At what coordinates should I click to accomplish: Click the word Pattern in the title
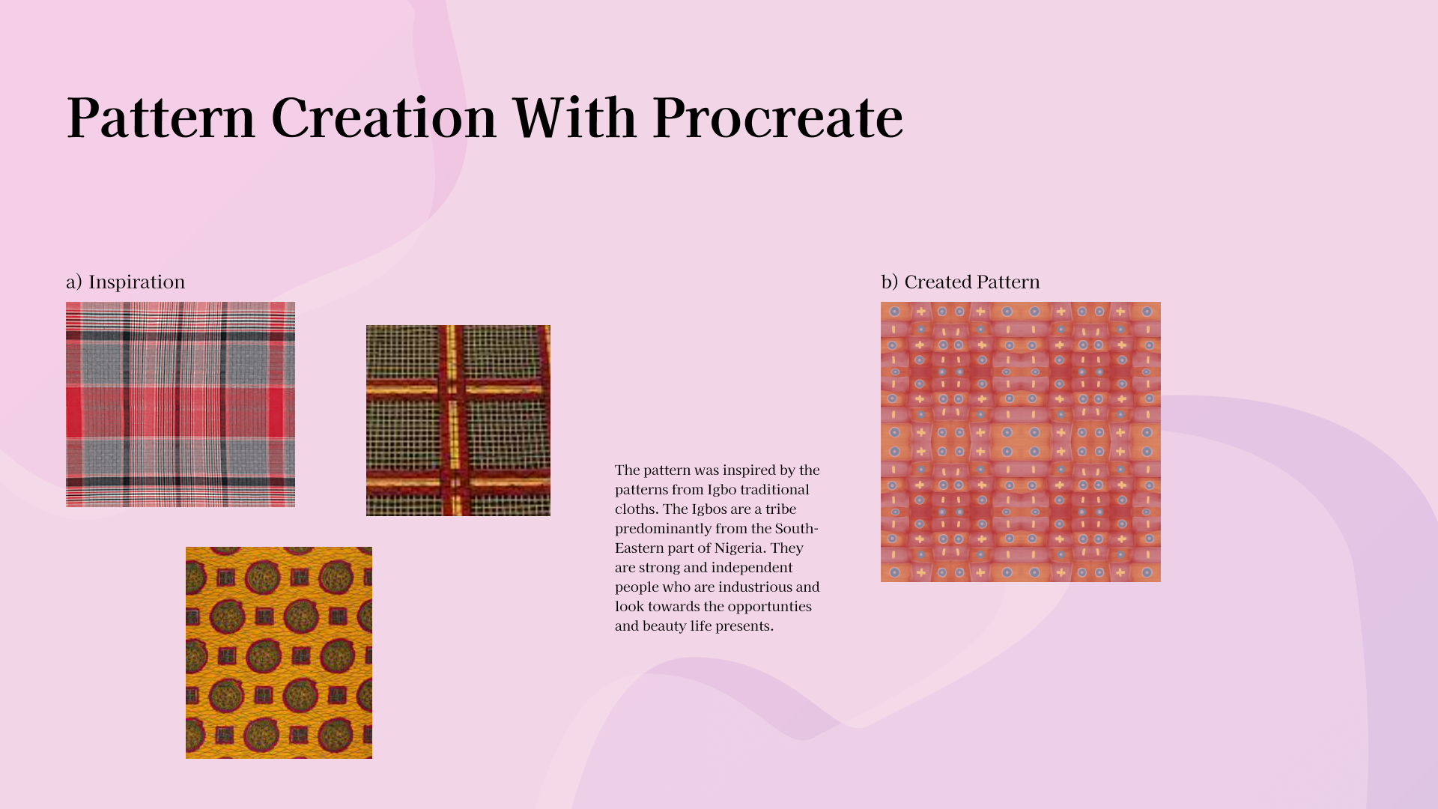click(x=161, y=118)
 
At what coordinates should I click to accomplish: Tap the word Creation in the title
click(x=384, y=118)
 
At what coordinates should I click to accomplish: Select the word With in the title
click(x=574, y=118)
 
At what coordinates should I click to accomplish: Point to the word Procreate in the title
click(x=777, y=120)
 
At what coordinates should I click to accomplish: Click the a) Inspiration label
click(x=125, y=282)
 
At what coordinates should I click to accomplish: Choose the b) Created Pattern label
click(x=960, y=282)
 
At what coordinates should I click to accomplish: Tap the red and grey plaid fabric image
click(x=180, y=404)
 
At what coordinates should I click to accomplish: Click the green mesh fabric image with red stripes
click(x=458, y=420)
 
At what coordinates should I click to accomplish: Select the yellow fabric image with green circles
click(x=279, y=652)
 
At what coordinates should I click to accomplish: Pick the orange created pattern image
click(x=1021, y=442)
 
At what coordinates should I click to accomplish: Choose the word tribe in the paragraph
click(x=781, y=509)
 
